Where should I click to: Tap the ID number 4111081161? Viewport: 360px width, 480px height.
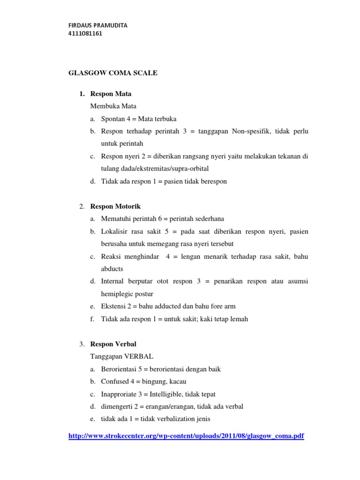[85, 33]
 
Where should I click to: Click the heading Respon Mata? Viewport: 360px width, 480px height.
[111, 94]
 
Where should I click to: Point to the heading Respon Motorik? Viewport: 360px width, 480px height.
[115, 206]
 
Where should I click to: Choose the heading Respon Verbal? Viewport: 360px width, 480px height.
[113, 344]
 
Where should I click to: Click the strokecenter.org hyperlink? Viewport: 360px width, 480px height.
[186, 436]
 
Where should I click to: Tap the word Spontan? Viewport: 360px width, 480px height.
[112, 119]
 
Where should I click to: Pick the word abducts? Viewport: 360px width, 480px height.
[112, 269]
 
